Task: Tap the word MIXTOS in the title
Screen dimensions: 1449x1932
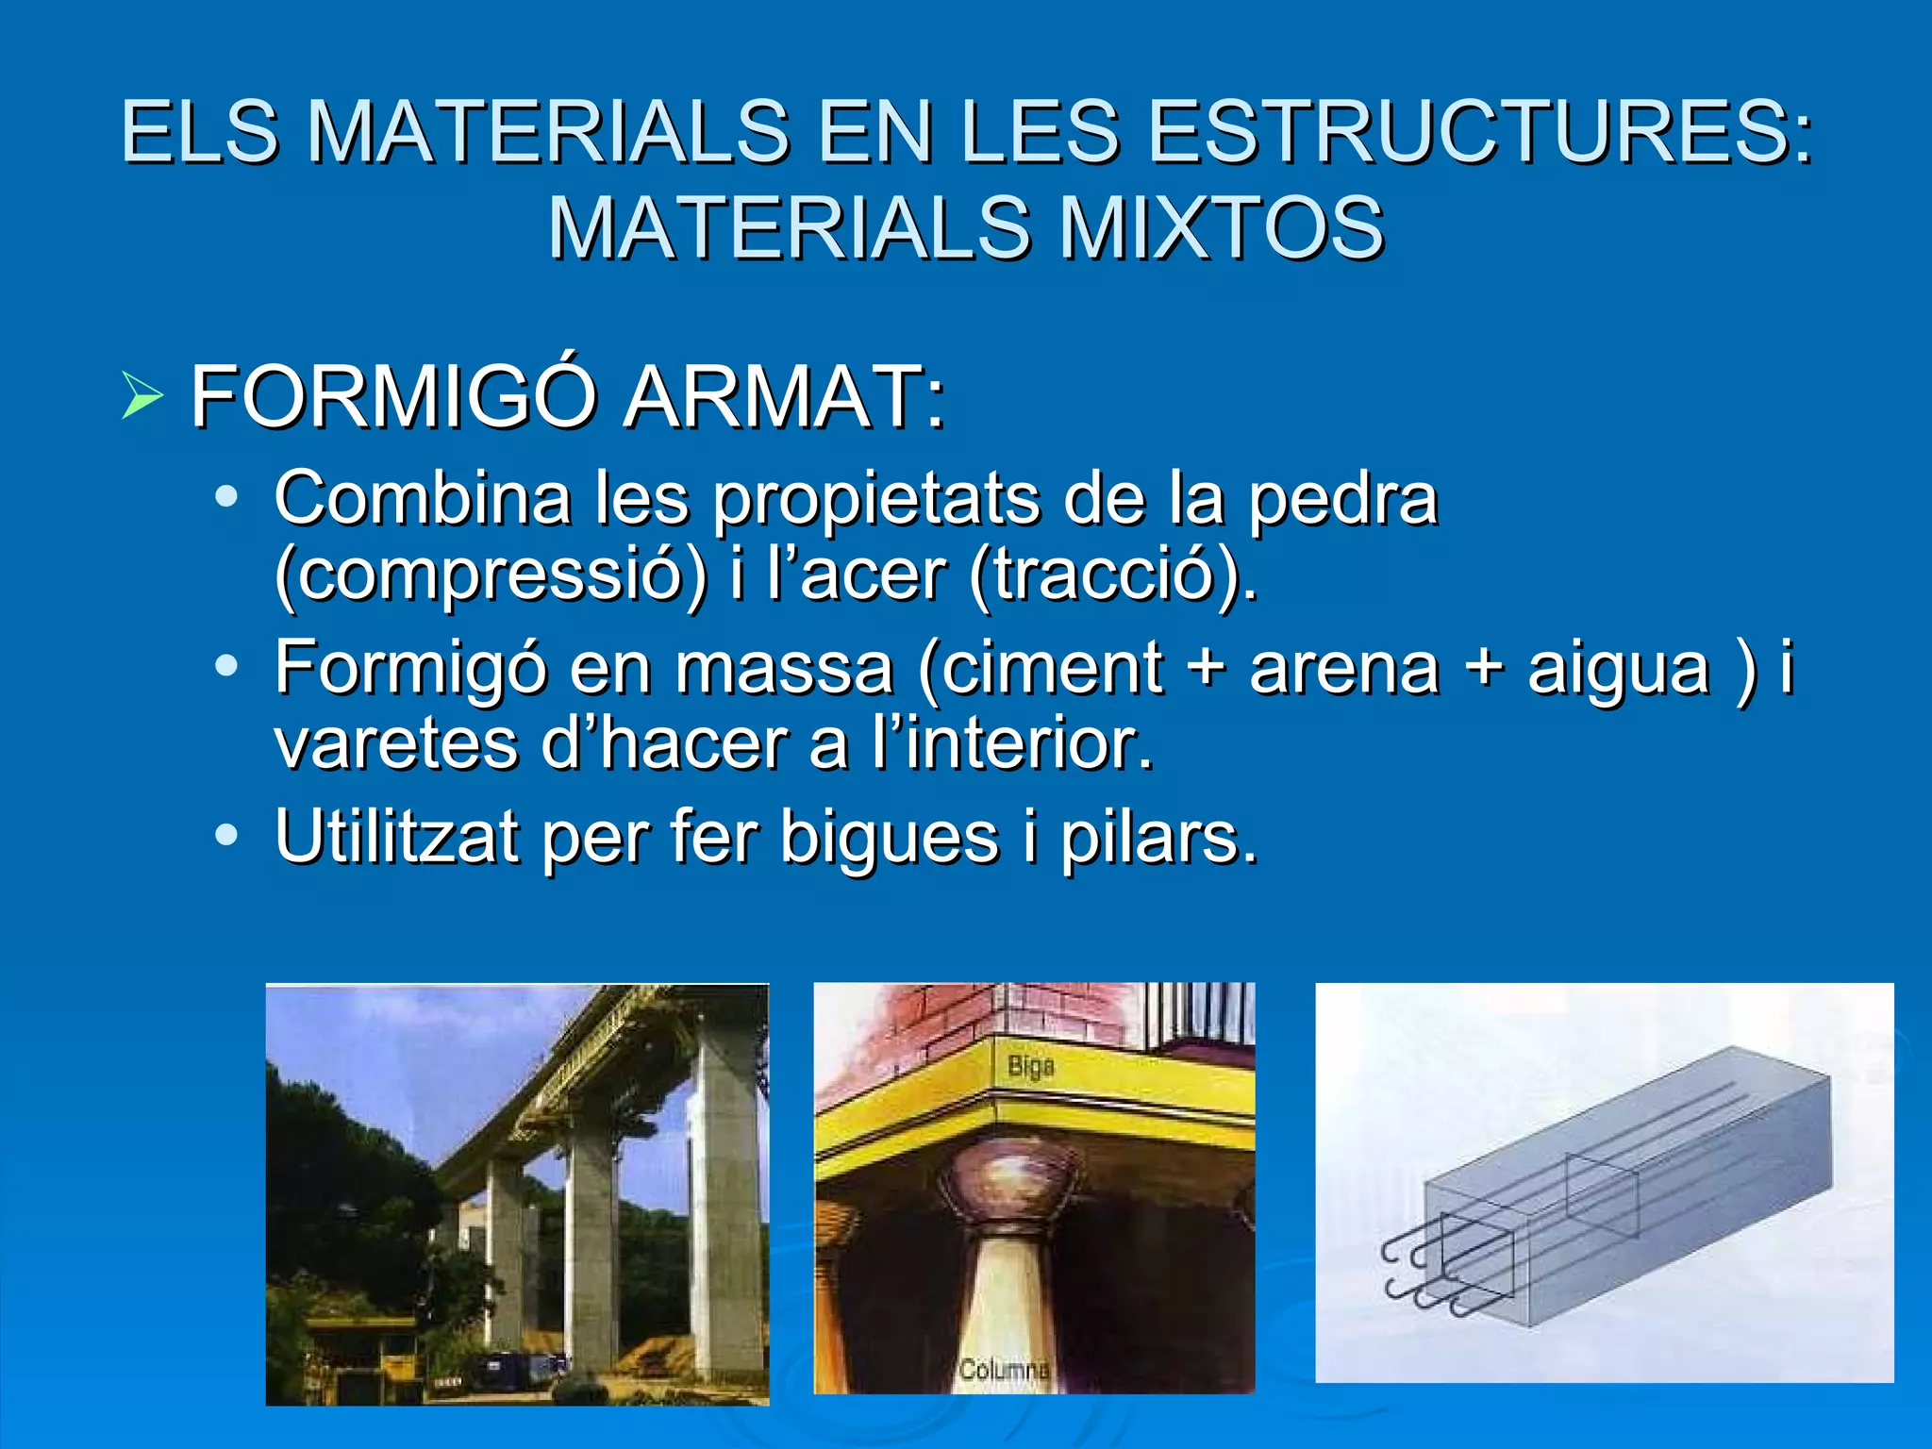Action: [x=1221, y=228]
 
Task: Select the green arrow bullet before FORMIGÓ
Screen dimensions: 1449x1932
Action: [x=142, y=396]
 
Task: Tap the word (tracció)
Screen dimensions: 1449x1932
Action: [x=1113, y=575]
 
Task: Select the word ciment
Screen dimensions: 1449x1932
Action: [x=1055, y=668]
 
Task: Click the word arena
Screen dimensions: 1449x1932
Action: [x=1344, y=668]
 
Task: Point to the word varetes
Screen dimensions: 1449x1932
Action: [x=396, y=744]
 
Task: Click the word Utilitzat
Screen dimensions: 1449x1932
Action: [x=396, y=837]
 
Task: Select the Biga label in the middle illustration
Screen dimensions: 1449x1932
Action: [x=1031, y=1067]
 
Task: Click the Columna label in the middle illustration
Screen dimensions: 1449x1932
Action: [x=1004, y=1369]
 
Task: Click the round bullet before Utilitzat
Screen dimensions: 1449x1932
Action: [x=226, y=835]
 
